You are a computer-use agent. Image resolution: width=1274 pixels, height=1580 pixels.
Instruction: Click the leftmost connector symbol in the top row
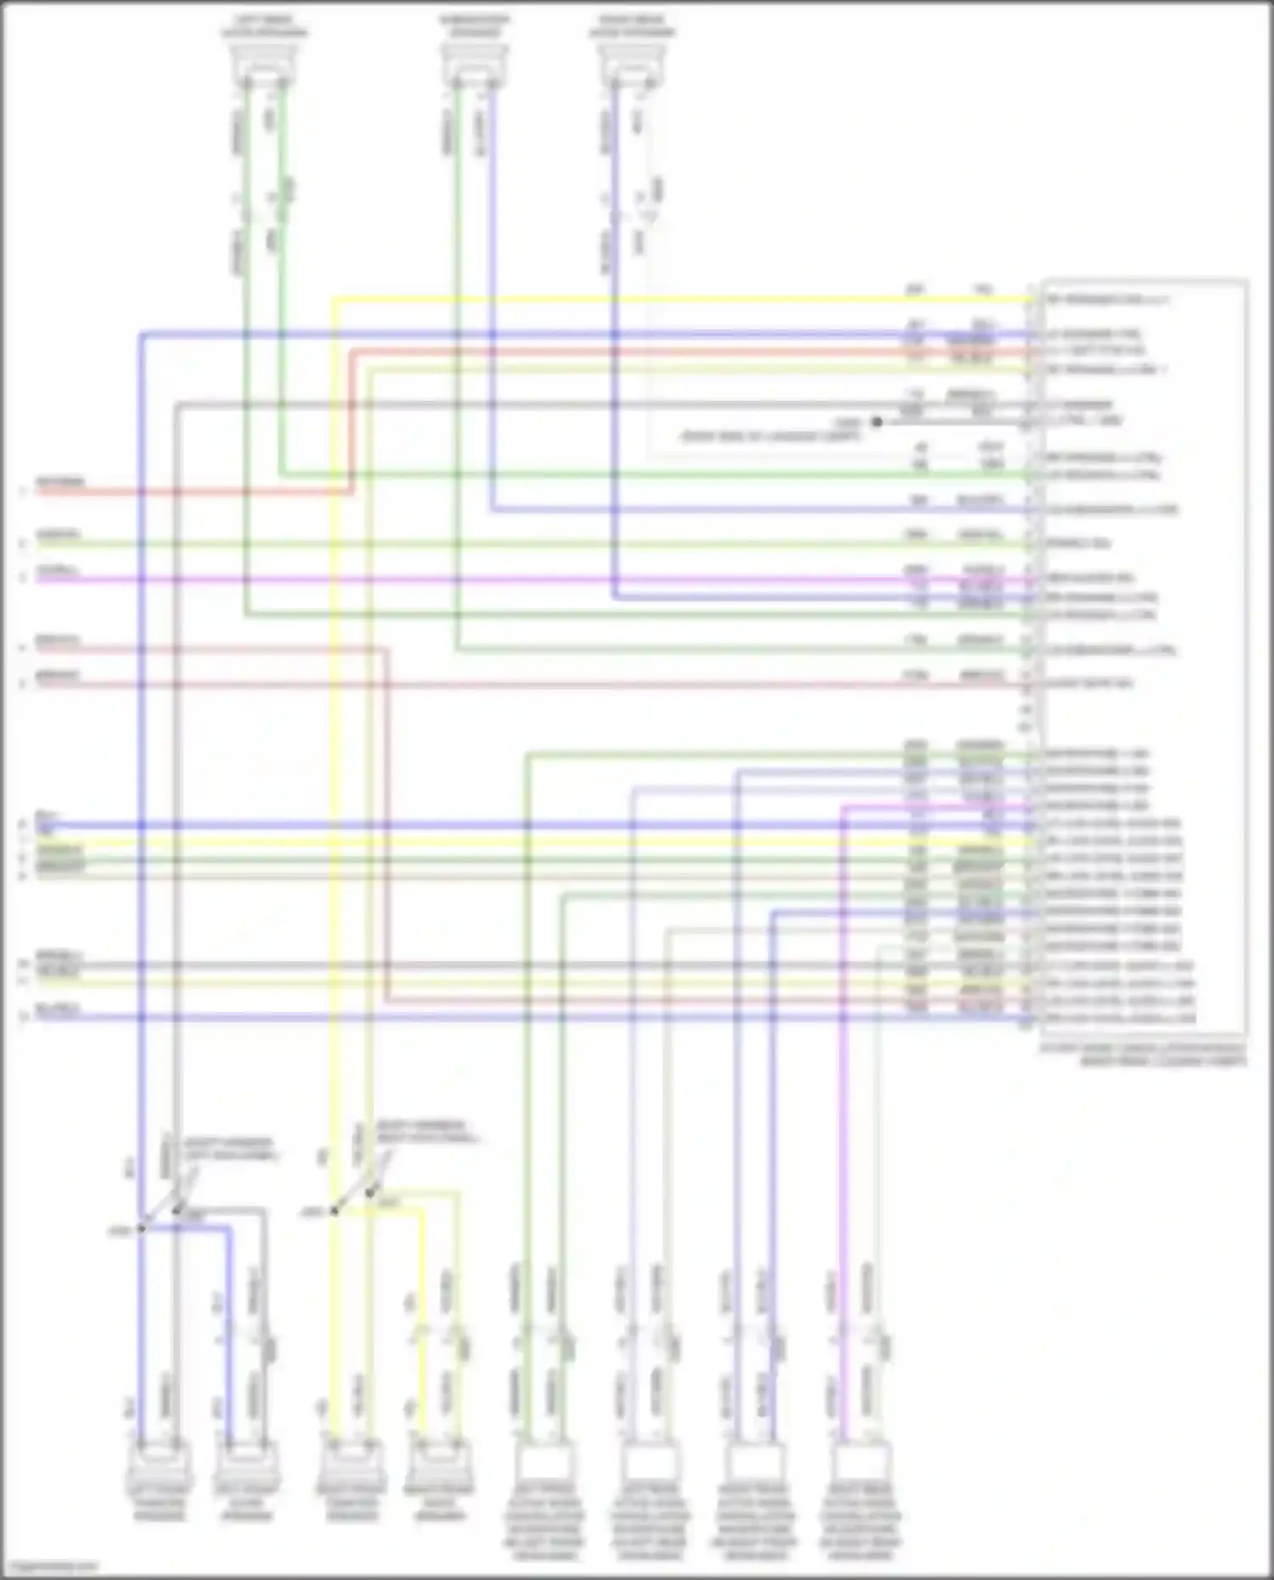click(264, 64)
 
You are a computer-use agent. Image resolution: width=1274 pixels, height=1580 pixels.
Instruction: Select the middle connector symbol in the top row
click(474, 64)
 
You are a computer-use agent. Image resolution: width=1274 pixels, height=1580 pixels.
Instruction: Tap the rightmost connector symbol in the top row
click(632, 64)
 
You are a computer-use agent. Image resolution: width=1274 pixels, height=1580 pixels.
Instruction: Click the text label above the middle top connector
click(474, 25)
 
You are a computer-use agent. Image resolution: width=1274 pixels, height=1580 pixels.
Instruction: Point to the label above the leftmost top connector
click(264, 25)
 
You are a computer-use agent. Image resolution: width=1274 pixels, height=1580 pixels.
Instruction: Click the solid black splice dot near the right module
click(877, 421)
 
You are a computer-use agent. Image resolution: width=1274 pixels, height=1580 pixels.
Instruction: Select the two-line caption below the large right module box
click(1143, 1054)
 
